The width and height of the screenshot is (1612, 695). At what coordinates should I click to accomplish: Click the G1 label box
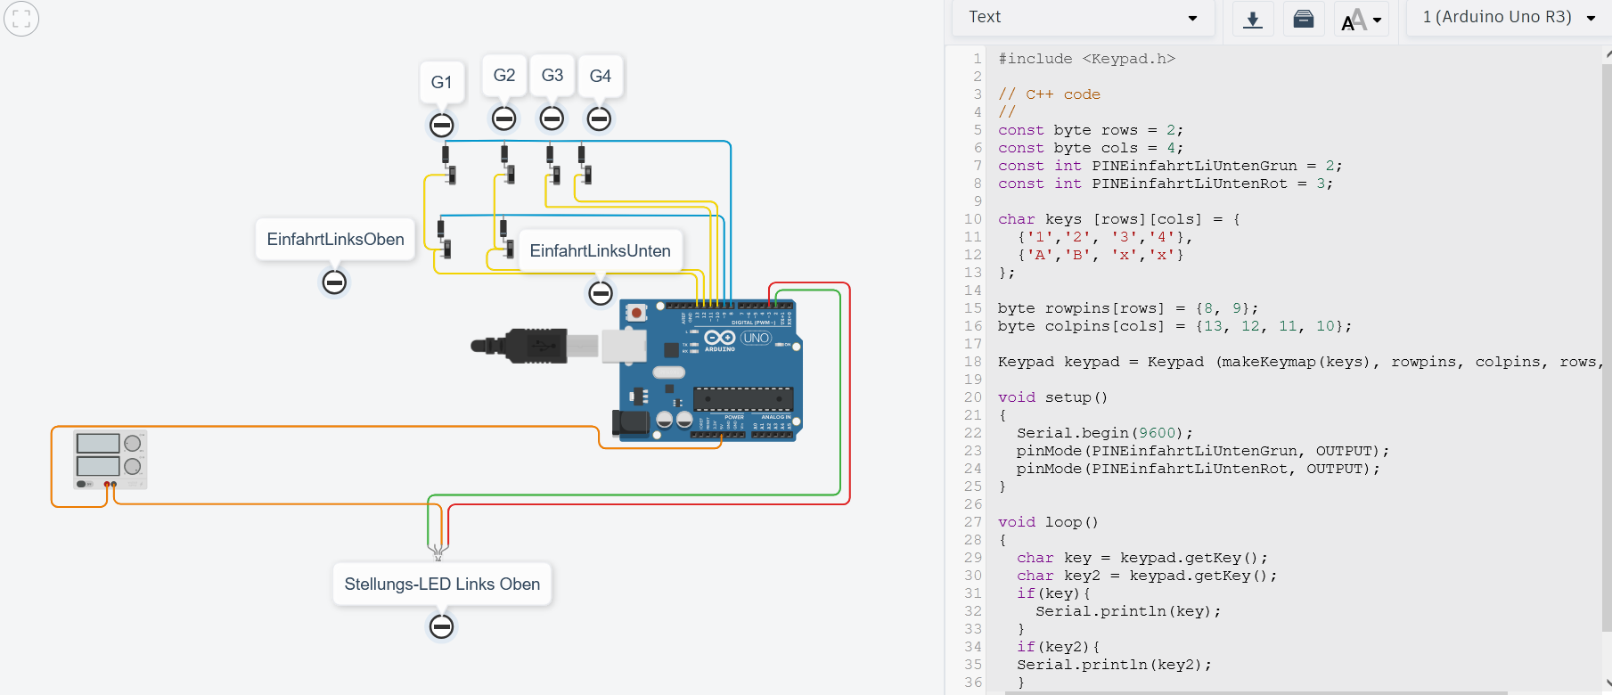click(441, 82)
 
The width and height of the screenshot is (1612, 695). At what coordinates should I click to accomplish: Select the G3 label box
click(552, 76)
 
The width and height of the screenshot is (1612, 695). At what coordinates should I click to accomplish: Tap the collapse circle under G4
click(599, 119)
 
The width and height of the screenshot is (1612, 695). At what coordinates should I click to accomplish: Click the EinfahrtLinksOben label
click(335, 240)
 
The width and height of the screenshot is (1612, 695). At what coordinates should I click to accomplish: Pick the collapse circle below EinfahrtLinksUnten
click(601, 292)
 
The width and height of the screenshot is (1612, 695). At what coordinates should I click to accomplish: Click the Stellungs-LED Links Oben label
click(442, 585)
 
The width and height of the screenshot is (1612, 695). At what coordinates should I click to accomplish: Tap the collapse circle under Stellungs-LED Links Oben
click(441, 626)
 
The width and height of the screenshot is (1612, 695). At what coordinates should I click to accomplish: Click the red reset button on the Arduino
click(636, 313)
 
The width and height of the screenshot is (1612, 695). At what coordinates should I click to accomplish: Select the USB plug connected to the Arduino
click(526, 346)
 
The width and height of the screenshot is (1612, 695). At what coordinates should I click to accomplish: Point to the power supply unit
click(110, 460)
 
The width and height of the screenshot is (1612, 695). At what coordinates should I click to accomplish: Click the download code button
click(1253, 19)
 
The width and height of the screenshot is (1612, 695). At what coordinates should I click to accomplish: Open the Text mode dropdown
click(1083, 18)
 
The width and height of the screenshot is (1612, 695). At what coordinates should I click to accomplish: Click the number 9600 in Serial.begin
click(1158, 433)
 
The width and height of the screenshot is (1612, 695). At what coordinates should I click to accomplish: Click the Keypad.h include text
click(1128, 59)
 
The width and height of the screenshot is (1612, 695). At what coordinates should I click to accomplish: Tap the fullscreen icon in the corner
click(21, 18)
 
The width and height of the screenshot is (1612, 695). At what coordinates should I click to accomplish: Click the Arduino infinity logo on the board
click(719, 338)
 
